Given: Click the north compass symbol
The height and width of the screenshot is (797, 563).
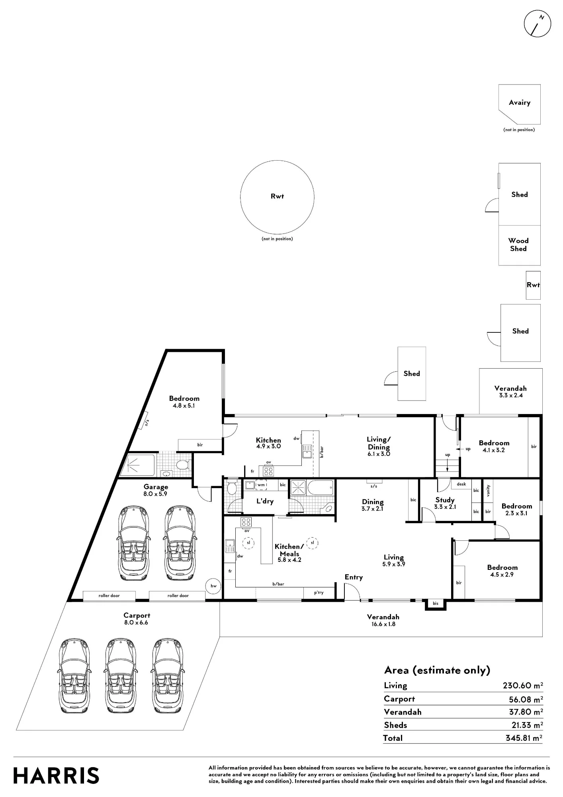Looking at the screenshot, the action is (x=538, y=24).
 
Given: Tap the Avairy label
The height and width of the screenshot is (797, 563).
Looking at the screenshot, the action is (x=520, y=102).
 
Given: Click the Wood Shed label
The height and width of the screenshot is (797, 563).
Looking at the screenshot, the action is (x=518, y=245).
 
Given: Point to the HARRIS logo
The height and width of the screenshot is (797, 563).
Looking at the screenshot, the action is (x=56, y=776).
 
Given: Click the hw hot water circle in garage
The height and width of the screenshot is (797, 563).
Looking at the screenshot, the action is (x=214, y=586).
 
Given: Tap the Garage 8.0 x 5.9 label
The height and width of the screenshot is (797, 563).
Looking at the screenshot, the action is (x=156, y=490).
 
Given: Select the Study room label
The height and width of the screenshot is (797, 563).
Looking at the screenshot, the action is (x=445, y=500).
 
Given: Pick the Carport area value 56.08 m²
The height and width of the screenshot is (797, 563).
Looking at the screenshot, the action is (x=526, y=699).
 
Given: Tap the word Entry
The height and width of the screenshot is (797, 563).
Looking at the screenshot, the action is (x=354, y=577).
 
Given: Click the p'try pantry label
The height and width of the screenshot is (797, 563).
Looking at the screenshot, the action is (x=319, y=593).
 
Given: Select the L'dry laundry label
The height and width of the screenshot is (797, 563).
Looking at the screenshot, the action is (x=265, y=501).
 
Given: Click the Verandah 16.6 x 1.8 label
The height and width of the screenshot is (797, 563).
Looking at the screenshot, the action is (x=383, y=620).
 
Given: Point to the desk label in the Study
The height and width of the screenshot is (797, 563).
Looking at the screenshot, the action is (x=461, y=484).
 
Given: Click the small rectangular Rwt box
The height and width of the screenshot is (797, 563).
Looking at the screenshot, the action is (x=533, y=285).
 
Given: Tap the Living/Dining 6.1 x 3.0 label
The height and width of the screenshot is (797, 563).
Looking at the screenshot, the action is (x=379, y=446).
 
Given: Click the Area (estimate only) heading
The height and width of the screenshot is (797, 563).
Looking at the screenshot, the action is (x=437, y=670).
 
